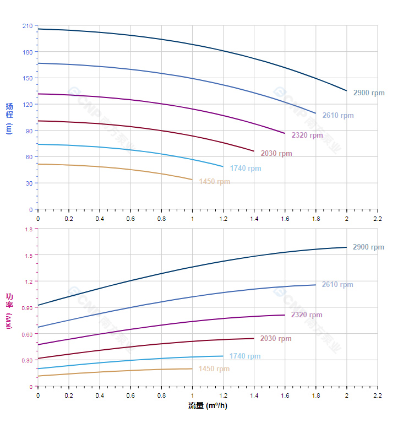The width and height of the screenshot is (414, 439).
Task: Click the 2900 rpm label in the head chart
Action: (x=368, y=93)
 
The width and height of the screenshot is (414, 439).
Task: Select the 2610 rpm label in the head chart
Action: (x=337, y=116)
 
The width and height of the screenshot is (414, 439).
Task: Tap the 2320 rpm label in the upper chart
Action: (x=307, y=135)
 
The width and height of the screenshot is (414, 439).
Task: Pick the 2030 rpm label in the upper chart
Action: (x=276, y=154)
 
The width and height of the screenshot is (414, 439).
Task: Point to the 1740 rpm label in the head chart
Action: (x=245, y=169)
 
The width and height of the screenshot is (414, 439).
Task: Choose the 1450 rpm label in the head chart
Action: (x=214, y=182)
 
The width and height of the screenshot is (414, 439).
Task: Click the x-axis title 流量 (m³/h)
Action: (x=208, y=406)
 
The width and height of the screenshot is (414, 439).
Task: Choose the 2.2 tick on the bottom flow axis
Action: (x=378, y=395)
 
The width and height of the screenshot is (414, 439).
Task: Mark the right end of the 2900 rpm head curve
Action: (x=347, y=91)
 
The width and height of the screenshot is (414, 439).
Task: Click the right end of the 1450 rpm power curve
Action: (x=192, y=368)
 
